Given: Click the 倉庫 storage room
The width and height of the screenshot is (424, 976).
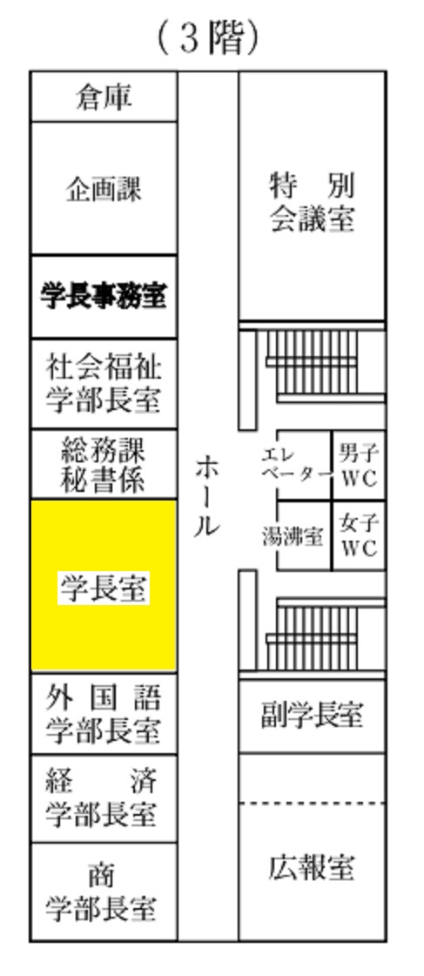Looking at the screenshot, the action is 104,97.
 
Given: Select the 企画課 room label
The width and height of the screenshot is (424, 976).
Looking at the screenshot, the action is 104,189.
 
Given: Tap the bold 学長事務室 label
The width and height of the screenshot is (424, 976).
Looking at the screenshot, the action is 104,296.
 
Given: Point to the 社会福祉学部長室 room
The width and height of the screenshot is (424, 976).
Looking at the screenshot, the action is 104,383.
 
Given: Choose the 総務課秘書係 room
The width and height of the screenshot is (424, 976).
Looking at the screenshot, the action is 104,464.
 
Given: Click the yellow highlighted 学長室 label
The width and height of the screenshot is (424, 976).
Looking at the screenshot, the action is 104,588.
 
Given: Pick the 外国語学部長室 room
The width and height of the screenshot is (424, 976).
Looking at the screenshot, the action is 104,714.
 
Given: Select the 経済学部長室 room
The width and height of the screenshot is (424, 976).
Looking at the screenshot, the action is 104,798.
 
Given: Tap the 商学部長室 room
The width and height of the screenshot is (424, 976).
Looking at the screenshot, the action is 104,892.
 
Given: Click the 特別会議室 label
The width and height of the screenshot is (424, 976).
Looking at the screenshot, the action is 312,202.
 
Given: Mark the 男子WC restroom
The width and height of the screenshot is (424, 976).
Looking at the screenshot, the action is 359,465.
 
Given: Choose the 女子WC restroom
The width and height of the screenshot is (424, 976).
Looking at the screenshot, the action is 359,535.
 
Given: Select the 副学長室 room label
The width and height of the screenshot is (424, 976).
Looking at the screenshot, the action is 312,715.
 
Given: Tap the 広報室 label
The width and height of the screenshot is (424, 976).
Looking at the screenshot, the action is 312,867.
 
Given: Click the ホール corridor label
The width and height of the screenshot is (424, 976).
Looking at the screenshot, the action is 206,496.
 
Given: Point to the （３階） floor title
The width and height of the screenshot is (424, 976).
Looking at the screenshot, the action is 208,38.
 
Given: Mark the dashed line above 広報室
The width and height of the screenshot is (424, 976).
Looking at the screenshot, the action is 312,804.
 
